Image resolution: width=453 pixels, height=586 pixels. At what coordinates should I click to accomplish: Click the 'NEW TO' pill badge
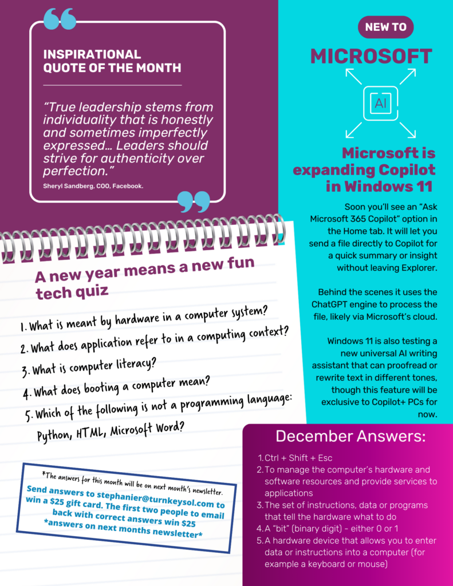pos(385,27)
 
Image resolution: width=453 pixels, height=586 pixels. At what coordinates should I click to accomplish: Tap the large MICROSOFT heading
pos(371,56)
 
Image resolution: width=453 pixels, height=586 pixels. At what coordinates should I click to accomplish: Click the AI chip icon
pos(381,103)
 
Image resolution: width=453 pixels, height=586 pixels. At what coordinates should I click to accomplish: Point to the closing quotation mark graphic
pos(194,201)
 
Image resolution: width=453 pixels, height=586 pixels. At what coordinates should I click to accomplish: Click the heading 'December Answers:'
pos(350,436)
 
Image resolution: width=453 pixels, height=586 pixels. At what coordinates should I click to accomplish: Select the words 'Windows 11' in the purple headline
pos(395,187)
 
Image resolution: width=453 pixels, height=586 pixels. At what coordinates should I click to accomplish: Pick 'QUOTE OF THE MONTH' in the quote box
pos(112,68)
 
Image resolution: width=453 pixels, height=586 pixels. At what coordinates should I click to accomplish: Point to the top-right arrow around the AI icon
pos(407,76)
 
